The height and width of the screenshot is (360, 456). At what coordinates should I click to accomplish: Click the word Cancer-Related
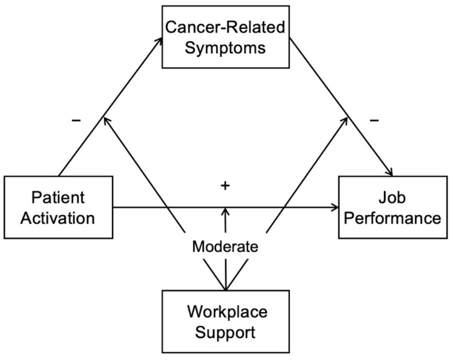[225, 27]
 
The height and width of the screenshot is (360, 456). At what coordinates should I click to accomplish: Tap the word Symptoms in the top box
[225, 48]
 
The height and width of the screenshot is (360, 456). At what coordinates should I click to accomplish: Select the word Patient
[58, 197]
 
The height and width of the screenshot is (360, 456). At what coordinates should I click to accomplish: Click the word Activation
[58, 218]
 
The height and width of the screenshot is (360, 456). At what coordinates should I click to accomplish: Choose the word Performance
[392, 218]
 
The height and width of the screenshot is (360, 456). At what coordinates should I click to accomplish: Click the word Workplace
[227, 312]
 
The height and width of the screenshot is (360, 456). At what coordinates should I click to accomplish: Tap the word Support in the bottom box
[225, 333]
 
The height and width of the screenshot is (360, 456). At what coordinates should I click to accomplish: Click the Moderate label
[225, 247]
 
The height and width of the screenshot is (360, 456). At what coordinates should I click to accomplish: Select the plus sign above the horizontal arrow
[225, 185]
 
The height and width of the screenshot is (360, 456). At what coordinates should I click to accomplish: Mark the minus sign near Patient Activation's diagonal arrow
[76, 120]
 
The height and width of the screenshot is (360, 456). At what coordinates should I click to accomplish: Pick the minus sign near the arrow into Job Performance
[374, 120]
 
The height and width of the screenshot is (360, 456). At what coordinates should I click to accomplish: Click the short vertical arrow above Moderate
[225, 220]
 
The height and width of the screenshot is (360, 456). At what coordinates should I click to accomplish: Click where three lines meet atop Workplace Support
[226, 290]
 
